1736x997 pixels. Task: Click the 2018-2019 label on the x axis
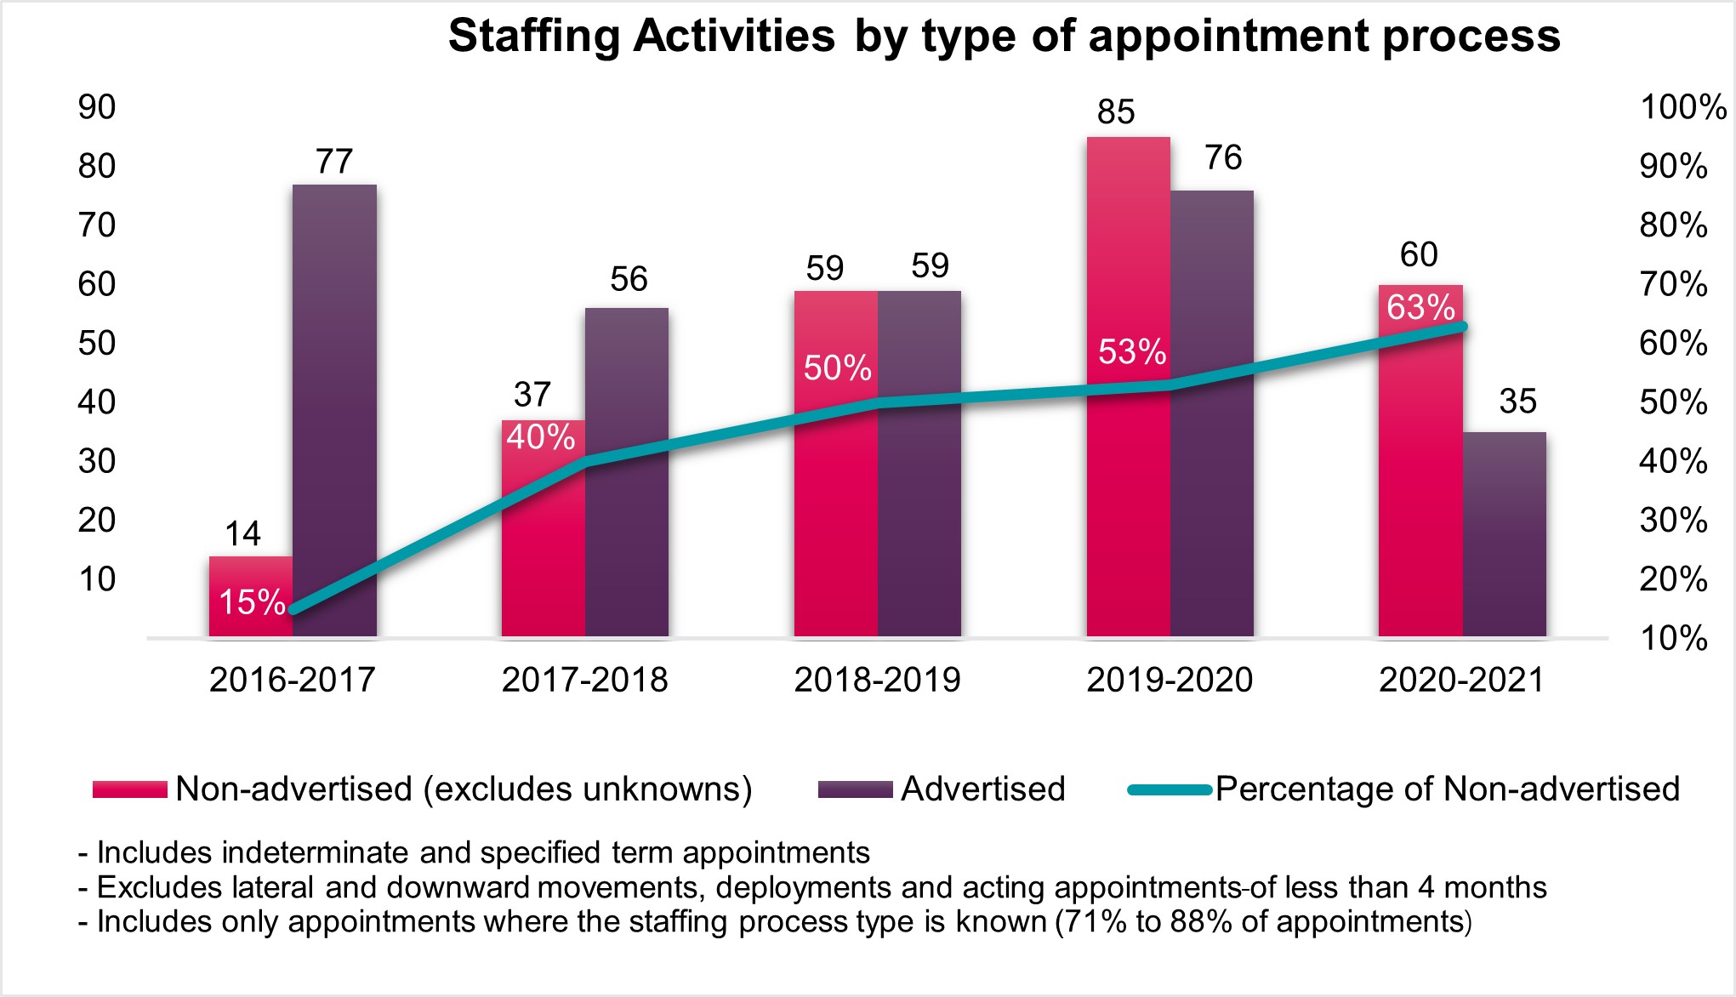pos(877,680)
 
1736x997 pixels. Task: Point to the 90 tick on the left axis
pos(96,107)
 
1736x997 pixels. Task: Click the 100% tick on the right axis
pos(1682,107)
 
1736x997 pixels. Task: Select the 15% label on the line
pos(252,602)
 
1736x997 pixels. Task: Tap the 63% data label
pos(1420,307)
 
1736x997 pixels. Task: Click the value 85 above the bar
pos(1116,112)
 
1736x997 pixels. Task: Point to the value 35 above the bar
pos(1517,402)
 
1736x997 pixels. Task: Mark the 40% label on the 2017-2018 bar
pos(540,437)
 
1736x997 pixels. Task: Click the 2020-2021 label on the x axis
pos(1461,680)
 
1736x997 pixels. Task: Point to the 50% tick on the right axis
pos(1673,402)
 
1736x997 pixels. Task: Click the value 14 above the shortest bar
pos(242,533)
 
